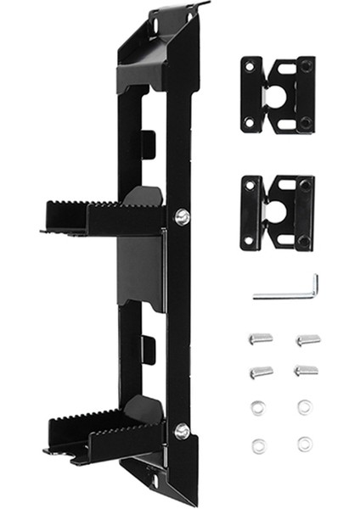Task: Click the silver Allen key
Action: tap(284, 294)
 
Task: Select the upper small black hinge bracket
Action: tap(277, 94)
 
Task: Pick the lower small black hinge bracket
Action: tap(277, 213)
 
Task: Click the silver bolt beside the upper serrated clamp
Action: tap(181, 217)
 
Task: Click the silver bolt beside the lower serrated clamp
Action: tap(181, 431)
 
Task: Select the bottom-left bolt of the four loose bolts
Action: tap(260, 372)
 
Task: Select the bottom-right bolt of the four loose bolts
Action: tap(306, 371)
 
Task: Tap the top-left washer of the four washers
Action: tap(257, 408)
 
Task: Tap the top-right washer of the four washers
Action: tap(304, 408)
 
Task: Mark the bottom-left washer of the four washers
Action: tap(257, 444)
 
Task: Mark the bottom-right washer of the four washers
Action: tap(304, 443)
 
